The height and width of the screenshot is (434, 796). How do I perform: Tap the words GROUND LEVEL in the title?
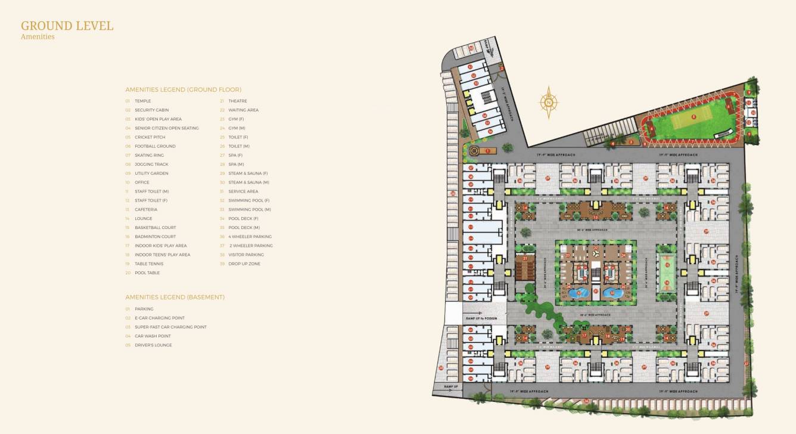[x=67, y=26]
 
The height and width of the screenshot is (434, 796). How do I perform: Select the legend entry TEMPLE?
[x=142, y=101]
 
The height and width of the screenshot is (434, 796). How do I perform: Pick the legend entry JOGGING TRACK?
[x=151, y=165]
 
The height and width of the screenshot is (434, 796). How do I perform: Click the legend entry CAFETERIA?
[x=146, y=210]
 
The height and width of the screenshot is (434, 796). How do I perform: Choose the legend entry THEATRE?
[x=237, y=101]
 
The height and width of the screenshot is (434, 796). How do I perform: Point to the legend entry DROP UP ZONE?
[x=244, y=263]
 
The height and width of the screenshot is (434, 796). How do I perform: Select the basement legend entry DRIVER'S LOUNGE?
[x=153, y=345]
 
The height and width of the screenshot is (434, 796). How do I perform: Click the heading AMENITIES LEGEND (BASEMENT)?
[x=175, y=297]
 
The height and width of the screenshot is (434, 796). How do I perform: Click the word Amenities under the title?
[x=38, y=37]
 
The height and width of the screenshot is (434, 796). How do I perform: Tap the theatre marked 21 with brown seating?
[x=526, y=267]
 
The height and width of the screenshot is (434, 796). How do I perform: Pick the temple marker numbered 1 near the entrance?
[x=487, y=151]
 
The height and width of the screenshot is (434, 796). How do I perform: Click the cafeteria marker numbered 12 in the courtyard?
[x=595, y=217]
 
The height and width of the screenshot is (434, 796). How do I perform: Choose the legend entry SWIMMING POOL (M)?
[x=249, y=210]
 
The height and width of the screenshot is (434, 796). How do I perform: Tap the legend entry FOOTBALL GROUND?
[x=155, y=147]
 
